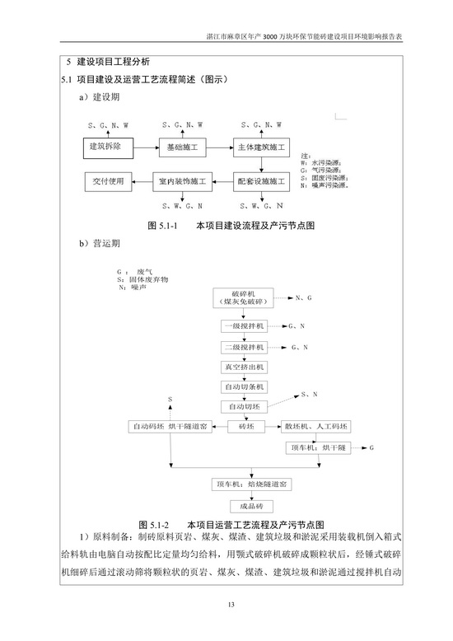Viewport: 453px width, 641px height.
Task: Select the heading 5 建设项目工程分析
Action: point(108,62)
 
